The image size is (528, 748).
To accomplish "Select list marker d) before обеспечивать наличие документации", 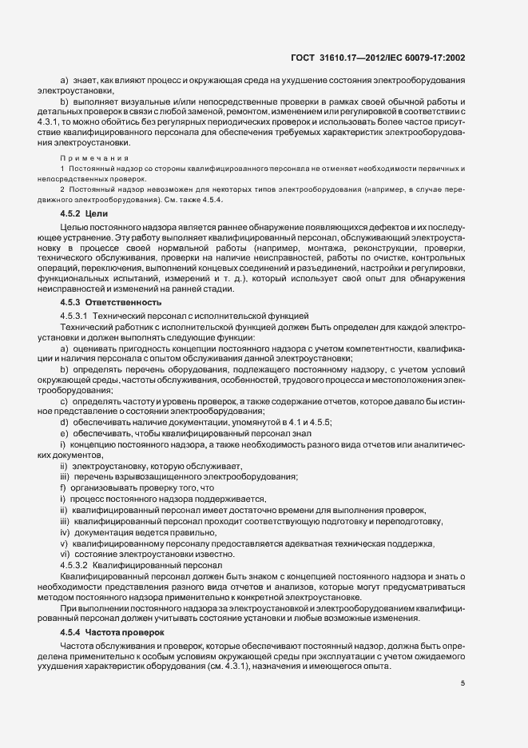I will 63,421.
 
